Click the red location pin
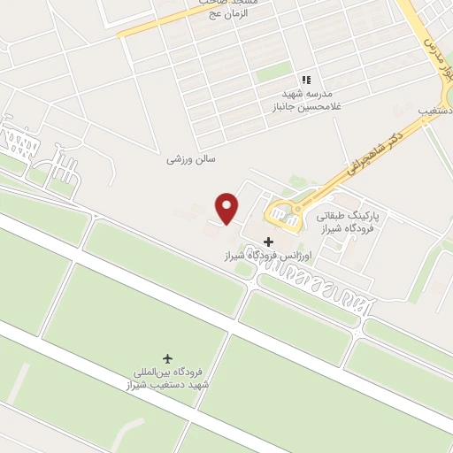(228, 207)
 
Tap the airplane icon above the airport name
(168, 358)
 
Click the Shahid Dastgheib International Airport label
(168, 379)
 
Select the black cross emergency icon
(269, 242)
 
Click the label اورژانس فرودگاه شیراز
(269, 256)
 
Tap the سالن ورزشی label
(191, 160)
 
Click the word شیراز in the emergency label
(237, 256)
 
